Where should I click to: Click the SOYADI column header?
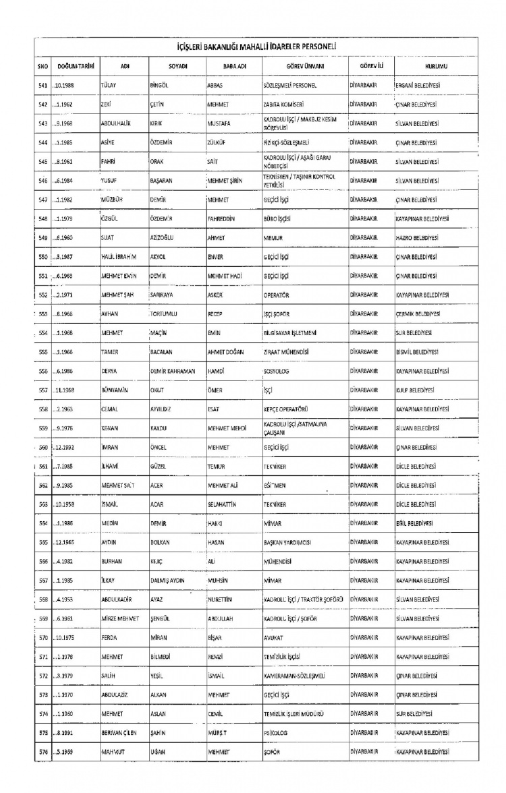pyautogui.click(x=177, y=65)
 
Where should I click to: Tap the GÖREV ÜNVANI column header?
pyautogui.click(x=294, y=65)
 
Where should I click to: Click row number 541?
pyautogui.click(x=42, y=87)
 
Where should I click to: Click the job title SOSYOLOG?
pyautogui.click(x=277, y=371)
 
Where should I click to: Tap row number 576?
pyautogui.click(x=42, y=751)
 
